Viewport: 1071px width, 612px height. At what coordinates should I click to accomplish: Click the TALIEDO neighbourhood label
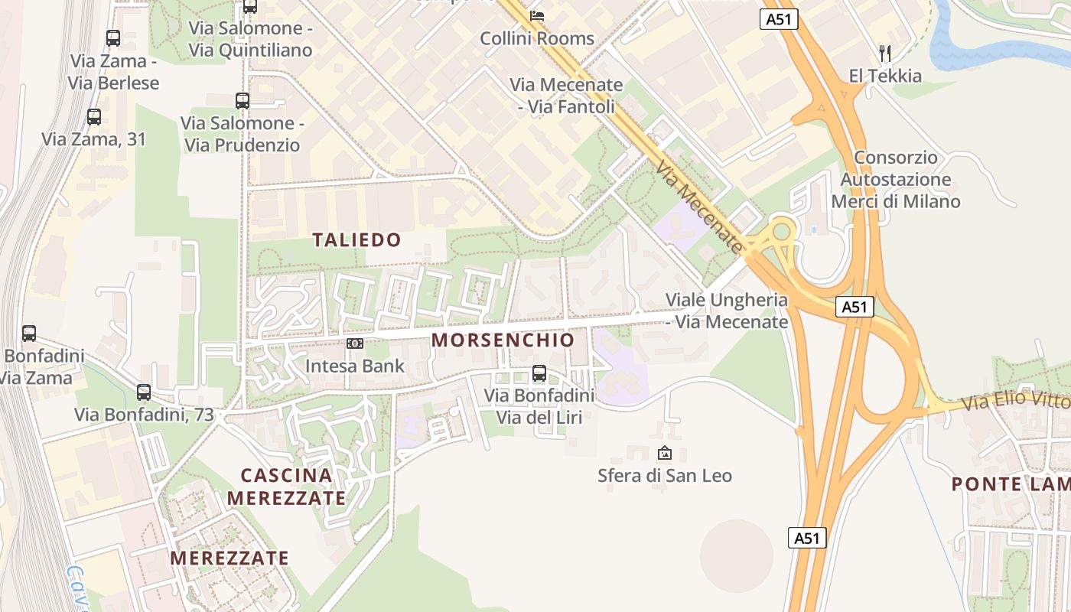[x=356, y=240]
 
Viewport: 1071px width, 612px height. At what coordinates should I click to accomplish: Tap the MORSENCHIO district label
[x=503, y=340]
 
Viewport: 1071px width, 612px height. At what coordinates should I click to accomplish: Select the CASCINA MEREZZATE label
[x=287, y=487]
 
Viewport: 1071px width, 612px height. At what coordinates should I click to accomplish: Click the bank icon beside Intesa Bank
[x=354, y=343]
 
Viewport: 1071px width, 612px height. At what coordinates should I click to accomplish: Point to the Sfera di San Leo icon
[x=664, y=453]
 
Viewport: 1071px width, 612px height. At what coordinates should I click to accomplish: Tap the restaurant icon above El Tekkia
[x=885, y=53]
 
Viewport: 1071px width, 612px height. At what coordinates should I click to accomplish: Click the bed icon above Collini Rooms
[x=537, y=15]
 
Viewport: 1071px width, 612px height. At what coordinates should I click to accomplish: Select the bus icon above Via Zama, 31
[x=94, y=117]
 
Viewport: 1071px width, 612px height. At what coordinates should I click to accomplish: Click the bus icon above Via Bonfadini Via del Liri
[x=539, y=373]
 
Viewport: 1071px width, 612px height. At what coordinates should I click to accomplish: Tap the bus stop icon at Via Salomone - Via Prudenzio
[x=243, y=100]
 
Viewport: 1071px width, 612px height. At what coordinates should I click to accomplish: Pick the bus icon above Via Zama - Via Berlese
[x=113, y=37]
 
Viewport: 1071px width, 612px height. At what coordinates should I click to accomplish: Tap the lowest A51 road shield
[x=807, y=538]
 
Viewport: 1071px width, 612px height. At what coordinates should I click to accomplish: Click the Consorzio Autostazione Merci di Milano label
[x=895, y=180]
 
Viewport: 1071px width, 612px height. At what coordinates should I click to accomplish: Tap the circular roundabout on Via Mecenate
[x=781, y=230]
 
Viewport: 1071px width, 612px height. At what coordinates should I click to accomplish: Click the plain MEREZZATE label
[x=229, y=558]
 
